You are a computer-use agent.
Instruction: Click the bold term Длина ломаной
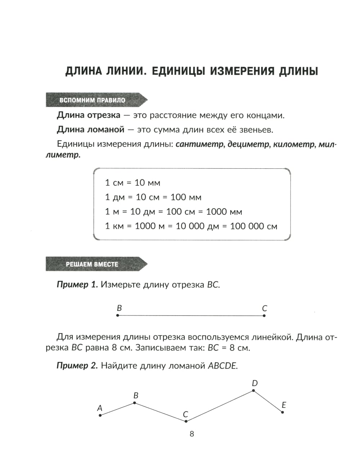click(90, 130)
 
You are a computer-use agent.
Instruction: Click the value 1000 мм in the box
click(224, 212)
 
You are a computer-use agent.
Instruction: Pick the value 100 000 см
click(253, 226)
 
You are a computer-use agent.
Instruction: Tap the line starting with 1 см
click(132, 183)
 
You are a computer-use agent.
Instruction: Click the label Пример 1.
click(77, 285)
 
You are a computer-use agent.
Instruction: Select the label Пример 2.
click(77, 366)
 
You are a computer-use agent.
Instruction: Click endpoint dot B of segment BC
click(118, 316)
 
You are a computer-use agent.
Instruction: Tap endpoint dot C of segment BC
click(264, 316)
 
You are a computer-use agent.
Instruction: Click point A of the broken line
click(100, 415)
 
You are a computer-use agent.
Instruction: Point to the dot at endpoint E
click(283, 412)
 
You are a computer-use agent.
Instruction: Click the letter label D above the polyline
click(255, 383)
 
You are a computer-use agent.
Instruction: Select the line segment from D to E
click(268, 401)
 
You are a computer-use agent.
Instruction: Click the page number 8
click(192, 434)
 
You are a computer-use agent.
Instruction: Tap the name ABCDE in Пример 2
click(223, 366)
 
